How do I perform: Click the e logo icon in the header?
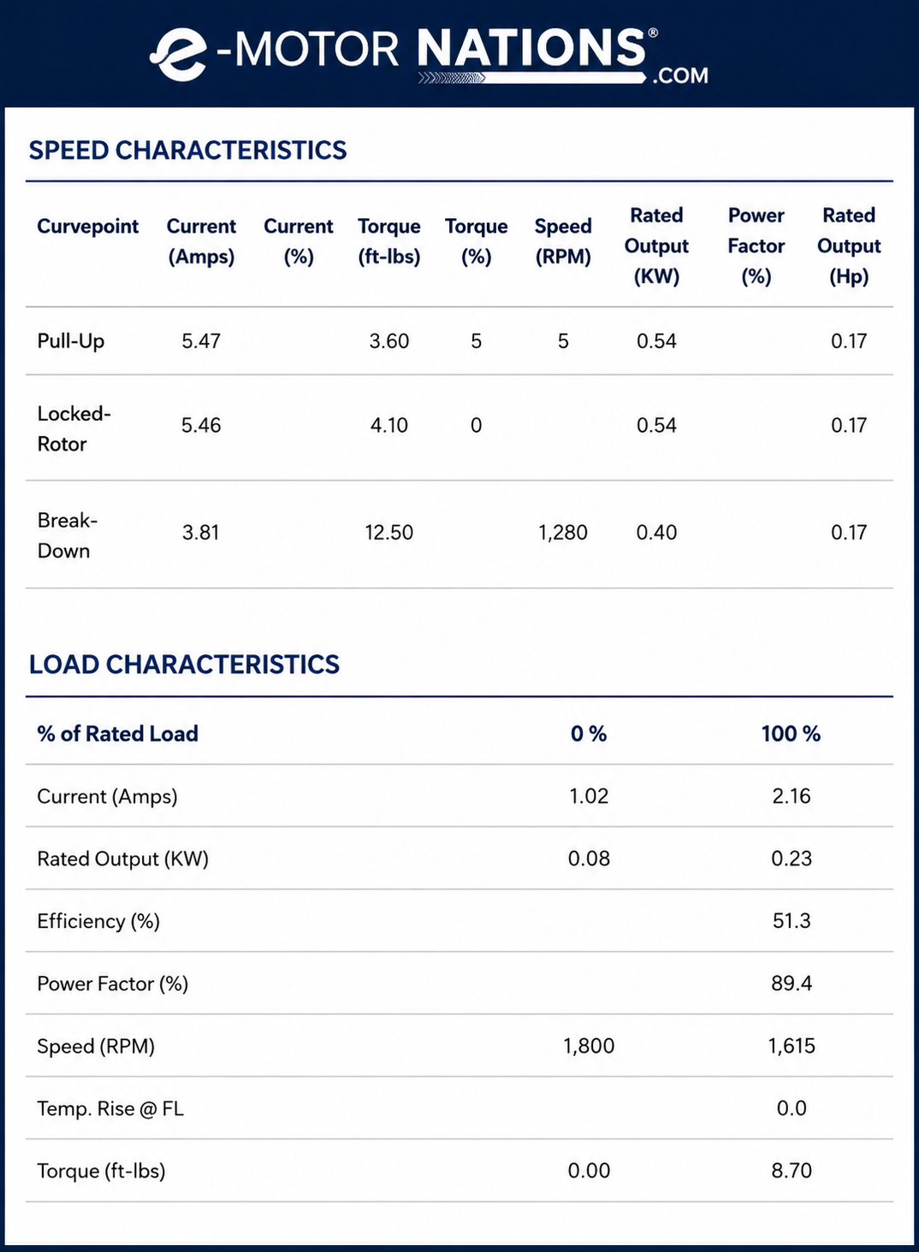[x=177, y=55]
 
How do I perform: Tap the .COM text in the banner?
[x=680, y=75]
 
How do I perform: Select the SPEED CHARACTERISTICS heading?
[x=188, y=151]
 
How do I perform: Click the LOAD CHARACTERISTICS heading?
[x=184, y=664]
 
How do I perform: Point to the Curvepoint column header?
[x=88, y=227]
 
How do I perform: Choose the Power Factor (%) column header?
[x=756, y=246]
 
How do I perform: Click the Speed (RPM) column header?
[x=563, y=241]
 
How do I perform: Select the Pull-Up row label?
[x=70, y=341]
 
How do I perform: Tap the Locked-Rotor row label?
[x=74, y=428]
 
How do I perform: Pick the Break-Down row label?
[x=67, y=535]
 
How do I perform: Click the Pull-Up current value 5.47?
[x=201, y=341]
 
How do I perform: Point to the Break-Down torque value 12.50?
[x=389, y=532]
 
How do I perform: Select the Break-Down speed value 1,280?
[x=563, y=533]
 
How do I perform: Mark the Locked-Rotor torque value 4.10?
[x=389, y=425]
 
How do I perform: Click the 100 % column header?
[x=791, y=734]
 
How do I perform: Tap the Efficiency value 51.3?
[x=792, y=920]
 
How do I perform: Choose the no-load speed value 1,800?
[x=589, y=1046]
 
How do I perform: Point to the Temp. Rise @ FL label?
[x=110, y=1108]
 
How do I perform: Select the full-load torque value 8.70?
[x=792, y=1171]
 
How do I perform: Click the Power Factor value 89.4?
[x=792, y=983]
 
